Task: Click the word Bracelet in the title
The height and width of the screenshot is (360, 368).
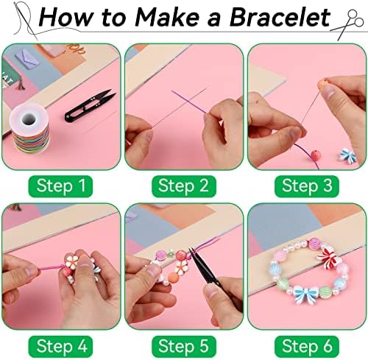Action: [280, 17]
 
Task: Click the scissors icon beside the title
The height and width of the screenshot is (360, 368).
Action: [347, 24]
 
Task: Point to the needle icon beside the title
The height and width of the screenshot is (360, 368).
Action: [25, 20]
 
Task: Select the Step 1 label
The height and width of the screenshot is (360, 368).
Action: [60, 186]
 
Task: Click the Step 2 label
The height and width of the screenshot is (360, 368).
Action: [184, 186]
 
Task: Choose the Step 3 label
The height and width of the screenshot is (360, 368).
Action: [307, 186]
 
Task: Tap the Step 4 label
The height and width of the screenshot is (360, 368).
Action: [60, 346]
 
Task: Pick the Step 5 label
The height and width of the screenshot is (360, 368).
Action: [184, 346]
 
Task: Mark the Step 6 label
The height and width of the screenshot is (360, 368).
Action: [307, 346]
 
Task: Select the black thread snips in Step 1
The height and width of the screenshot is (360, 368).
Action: [90, 105]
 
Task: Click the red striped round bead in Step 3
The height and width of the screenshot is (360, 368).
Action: [316, 155]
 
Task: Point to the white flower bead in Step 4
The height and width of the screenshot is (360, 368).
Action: [72, 261]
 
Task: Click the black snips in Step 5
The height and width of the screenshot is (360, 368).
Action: [203, 267]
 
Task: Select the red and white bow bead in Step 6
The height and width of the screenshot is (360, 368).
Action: [328, 257]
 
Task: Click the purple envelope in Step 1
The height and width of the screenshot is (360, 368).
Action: [27, 58]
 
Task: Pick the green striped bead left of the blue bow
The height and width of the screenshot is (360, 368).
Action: [283, 284]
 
